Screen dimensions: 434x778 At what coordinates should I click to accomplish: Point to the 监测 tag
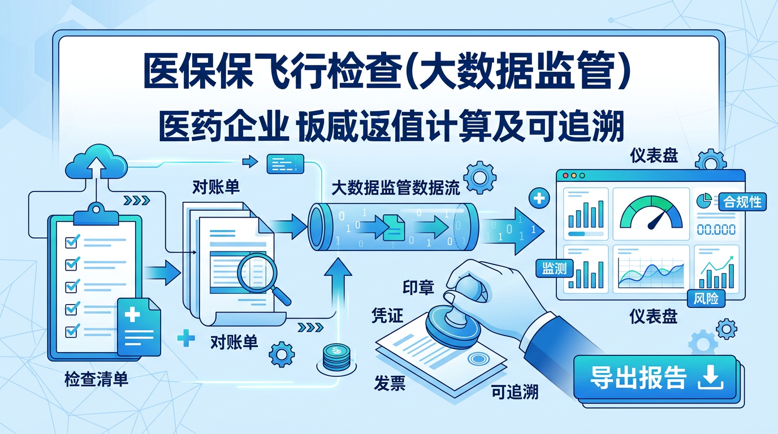click(x=554, y=268)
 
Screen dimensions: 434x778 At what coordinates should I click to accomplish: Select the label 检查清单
click(x=96, y=379)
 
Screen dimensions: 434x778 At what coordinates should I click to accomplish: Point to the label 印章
click(x=418, y=287)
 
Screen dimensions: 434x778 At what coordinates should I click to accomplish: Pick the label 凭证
click(x=387, y=315)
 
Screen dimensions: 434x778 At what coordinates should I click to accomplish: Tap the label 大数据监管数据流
click(x=396, y=187)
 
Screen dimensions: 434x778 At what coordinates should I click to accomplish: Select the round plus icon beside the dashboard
click(x=538, y=198)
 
